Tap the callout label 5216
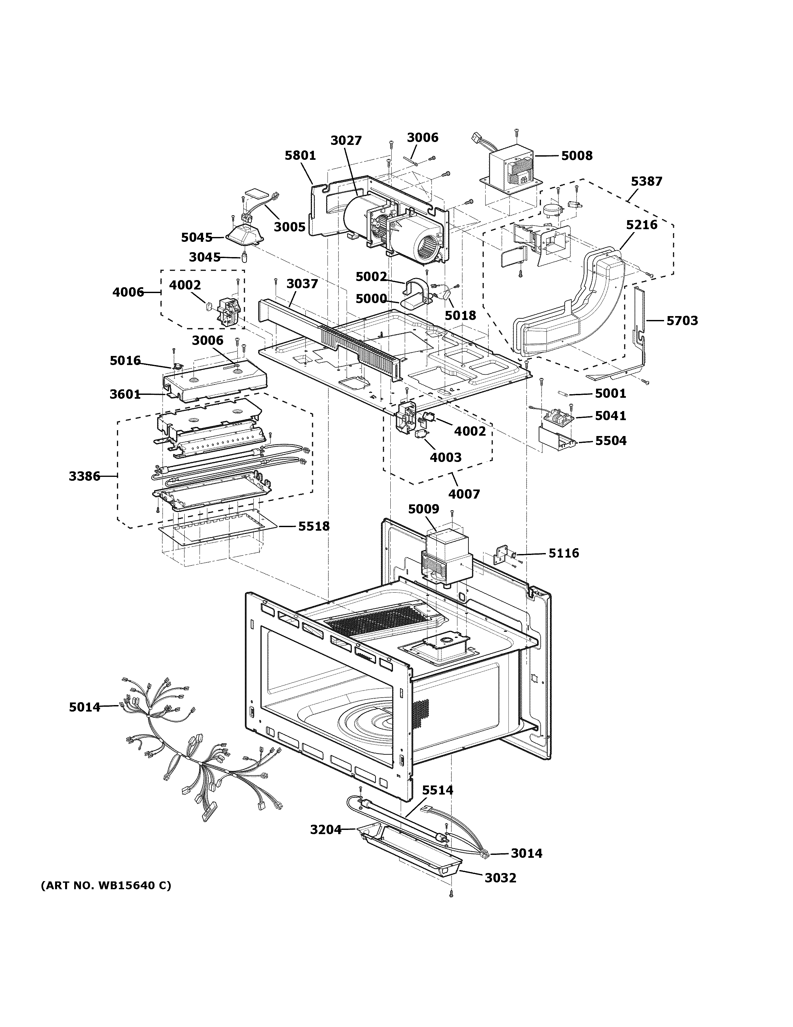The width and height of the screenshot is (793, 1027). click(641, 225)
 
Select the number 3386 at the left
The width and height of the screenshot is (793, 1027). click(85, 476)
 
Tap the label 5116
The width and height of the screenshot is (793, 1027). click(564, 553)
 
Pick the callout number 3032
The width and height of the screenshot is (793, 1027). click(500, 878)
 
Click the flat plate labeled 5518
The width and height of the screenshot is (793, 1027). click(218, 534)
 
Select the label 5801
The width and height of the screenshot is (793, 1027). click(300, 156)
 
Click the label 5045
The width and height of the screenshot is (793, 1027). click(197, 238)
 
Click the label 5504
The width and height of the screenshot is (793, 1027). click(611, 441)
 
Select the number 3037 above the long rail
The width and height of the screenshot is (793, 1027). click(302, 284)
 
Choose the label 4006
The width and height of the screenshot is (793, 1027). click(128, 292)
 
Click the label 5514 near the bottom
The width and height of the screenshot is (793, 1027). click(437, 790)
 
